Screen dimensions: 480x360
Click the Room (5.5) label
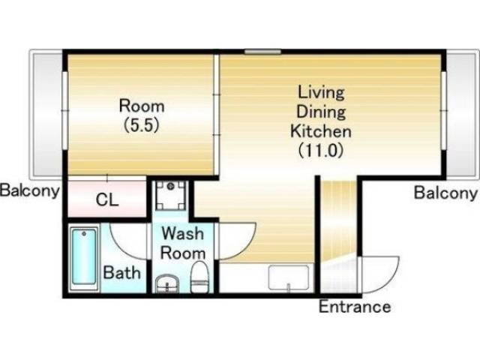[x=142, y=115]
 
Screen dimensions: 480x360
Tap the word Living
[x=321, y=93]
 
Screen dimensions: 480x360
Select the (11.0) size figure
[x=320, y=151]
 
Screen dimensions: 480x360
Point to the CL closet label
[x=106, y=200]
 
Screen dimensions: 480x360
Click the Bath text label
[x=121, y=272]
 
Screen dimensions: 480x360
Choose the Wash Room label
[x=183, y=243]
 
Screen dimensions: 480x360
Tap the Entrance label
[x=355, y=307]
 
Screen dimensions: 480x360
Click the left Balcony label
[x=30, y=190]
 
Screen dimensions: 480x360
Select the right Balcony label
[x=445, y=193]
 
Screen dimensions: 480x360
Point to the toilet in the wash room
[x=199, y=277]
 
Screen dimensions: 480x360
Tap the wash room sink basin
[x=166, y=283]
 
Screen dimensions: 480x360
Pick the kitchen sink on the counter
[x=289, y=277]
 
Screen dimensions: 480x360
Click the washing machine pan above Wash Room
[x=171, y=195]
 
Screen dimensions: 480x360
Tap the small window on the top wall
[x=262, y=52]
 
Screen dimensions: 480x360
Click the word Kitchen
[x=320, y=131]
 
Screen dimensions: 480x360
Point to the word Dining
[x=321, y=112]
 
